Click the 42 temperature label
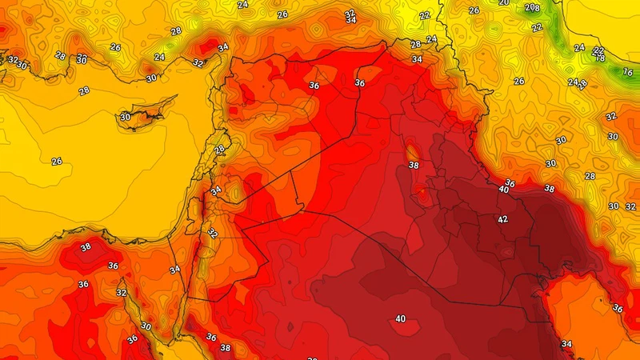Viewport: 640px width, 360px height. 503,220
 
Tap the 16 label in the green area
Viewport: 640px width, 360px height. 627,72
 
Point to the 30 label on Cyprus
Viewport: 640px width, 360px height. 125,118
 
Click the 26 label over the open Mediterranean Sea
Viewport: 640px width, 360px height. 57,162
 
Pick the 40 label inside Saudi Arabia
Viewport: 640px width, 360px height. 400,319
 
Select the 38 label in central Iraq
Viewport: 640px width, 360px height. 414,166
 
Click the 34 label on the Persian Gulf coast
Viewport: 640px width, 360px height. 566,345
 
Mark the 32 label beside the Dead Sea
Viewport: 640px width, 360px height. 212,234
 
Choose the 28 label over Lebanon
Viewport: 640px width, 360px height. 219,150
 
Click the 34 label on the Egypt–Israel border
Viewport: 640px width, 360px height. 175,270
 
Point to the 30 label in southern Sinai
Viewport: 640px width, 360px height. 146,326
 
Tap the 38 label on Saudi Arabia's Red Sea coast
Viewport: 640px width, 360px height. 226,348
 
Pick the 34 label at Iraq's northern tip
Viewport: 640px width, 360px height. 417,59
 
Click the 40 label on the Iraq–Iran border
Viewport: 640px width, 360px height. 504,190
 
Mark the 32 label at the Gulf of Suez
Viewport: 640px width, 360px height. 122,293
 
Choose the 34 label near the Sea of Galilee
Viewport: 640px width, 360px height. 216,190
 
